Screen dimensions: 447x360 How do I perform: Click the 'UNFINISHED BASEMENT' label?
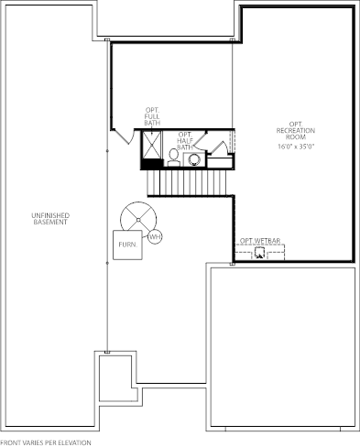(51, 219)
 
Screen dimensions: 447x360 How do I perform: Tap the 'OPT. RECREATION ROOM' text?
(296, 131)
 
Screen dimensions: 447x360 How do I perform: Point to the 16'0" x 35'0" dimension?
(296, 146)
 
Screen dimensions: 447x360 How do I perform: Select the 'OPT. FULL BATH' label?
(152, 117)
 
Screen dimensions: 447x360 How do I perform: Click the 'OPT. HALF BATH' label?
(185, 140)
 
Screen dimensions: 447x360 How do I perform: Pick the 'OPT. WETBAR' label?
(258, 241)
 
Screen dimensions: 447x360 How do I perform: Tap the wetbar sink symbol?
(260, 254)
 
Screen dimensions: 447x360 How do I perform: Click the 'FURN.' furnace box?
(126, 245)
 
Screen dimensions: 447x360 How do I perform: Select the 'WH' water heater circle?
(154, 237)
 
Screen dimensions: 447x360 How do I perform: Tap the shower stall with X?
(151, 147)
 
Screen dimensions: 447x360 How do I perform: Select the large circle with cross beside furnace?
(139, 219)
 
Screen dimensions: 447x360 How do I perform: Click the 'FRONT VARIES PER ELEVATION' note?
(46, 442)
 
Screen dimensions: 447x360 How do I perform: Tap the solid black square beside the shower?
(151, 165)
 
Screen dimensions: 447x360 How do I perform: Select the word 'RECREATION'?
(296, 131)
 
